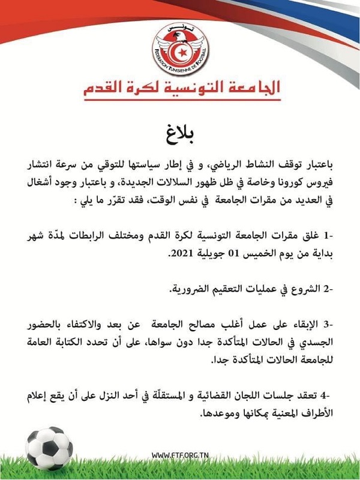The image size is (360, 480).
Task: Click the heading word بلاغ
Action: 180,130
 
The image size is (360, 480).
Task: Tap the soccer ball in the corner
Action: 49,446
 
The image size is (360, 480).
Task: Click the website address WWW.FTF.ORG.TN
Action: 179,454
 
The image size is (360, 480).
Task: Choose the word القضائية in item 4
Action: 226,398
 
